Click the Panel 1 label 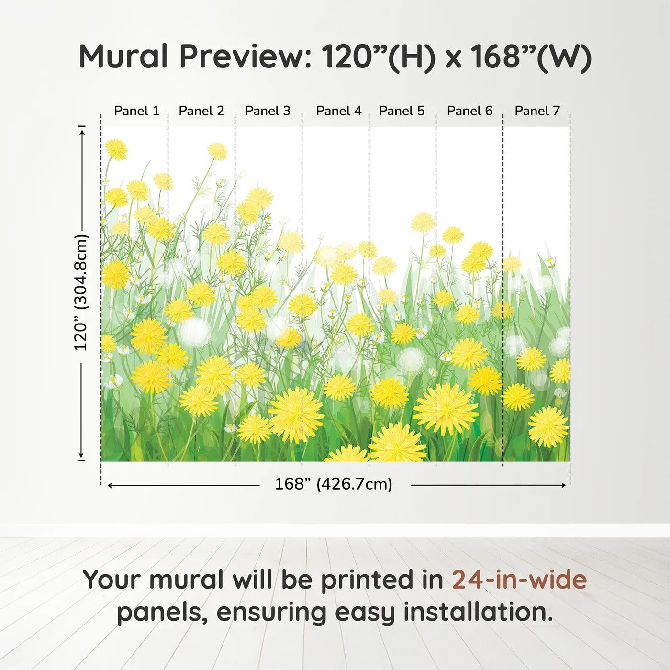coord(137,111)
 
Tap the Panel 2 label coord(201,111)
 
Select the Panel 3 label coord(268,111)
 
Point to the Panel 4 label coord(339,111)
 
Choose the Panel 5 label coord(402,111)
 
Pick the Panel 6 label coord(470,111)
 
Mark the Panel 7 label coord(537,111)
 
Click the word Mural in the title coord(123,56)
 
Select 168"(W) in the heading coord(531,57)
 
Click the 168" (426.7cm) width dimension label coord(334,484)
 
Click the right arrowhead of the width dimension coord(564,485)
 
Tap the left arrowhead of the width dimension coord(110,485)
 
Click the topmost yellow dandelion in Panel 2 coord(217,152)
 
